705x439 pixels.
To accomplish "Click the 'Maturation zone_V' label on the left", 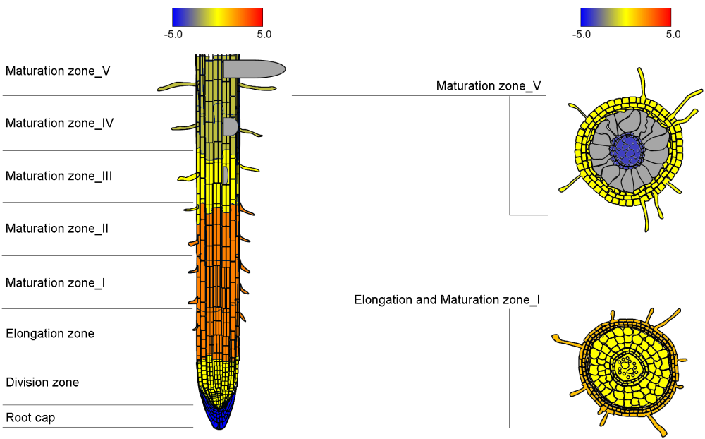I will point(58,71).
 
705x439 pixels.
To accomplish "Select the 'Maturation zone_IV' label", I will point(59,123).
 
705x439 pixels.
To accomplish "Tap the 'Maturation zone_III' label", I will point(59,176).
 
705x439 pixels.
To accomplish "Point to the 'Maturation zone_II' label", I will point(56,229).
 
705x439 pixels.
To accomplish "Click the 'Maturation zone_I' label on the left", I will point(55,283).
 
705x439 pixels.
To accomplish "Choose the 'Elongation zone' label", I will point(49,333).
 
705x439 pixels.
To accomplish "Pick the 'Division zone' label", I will point(42,383).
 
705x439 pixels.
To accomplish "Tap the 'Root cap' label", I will point(30,418).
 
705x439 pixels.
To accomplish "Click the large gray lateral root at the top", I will point(254,68).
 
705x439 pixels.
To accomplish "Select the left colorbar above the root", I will point(217,17).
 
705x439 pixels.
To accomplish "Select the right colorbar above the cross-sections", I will point(625,17).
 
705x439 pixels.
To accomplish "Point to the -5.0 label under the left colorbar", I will point(173,34).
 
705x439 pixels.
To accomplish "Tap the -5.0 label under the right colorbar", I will point(582,34).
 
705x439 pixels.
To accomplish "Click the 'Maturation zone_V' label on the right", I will point(489,86).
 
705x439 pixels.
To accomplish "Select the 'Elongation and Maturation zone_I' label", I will point(447,300).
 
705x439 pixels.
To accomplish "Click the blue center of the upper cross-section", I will point(627,148).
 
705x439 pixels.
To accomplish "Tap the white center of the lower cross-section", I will point(627,366).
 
